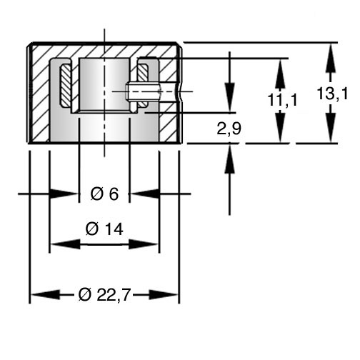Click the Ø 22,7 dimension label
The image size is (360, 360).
tap(104, 295)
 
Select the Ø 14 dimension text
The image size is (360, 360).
tap(104, 229)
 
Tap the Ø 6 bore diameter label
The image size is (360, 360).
tap(104, 194)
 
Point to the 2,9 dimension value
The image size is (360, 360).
tap(229, 129)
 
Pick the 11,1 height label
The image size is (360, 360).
tap(283, 100)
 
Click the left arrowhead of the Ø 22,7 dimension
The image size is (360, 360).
tap(45, 295)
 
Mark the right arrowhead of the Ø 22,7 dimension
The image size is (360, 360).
tap(163, 295)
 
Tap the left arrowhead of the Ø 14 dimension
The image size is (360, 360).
tap(66, 244)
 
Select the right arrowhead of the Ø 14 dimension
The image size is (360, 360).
tap(144, 244)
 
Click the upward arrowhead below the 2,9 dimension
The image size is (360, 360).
tap(230, 159)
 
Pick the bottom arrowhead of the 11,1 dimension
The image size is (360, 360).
tap(281, 128)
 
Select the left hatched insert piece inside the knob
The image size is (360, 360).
tap(66, 85)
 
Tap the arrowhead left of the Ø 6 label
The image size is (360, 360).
tap(64, 194)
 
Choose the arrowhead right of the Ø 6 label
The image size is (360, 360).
tap(145, 194)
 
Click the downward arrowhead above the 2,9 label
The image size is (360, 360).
tap(230, 98)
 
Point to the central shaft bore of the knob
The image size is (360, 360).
tap(104, 85)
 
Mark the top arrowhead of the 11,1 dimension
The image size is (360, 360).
tap(281, 74)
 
